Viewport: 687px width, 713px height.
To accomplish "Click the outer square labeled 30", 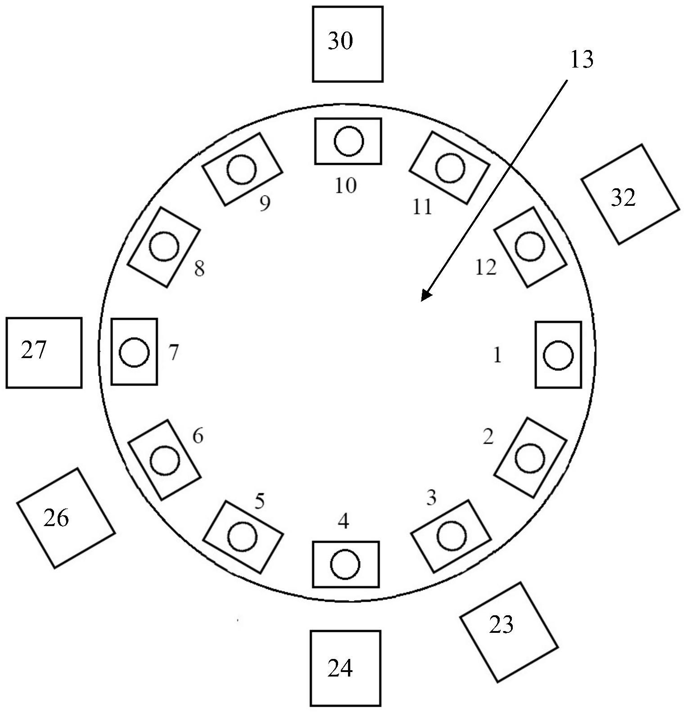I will pos(348,44).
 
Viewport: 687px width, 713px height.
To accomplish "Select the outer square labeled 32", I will pos(629,195).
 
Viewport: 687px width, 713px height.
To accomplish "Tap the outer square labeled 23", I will pos(508,631).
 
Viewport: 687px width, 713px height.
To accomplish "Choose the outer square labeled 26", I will pos(66,518).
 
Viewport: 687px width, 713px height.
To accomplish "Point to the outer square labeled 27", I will pos(44,352).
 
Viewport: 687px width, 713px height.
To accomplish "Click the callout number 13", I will pos(582,59).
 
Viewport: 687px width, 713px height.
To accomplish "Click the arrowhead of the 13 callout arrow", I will pos(425,296).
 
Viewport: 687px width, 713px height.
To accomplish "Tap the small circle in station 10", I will pos(348,141).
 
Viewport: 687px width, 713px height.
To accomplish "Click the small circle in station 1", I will pos(558,355).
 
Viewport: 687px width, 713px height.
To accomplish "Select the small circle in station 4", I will pos(345,564).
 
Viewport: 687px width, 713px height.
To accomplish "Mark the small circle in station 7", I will pos(134,352).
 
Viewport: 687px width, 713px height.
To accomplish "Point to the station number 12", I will pos(486,268).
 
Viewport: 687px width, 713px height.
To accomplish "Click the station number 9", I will pos(265,204).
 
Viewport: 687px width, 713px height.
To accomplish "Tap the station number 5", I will pos(259,501).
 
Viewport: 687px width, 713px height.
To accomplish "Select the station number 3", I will pos(431,498).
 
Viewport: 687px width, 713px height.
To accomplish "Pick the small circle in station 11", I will pos(450,168).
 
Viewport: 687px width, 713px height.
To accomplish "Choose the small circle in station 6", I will pos(164,460).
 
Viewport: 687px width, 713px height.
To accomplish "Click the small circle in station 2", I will pos(530,458).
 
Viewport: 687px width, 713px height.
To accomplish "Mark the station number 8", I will pos(199,269).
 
